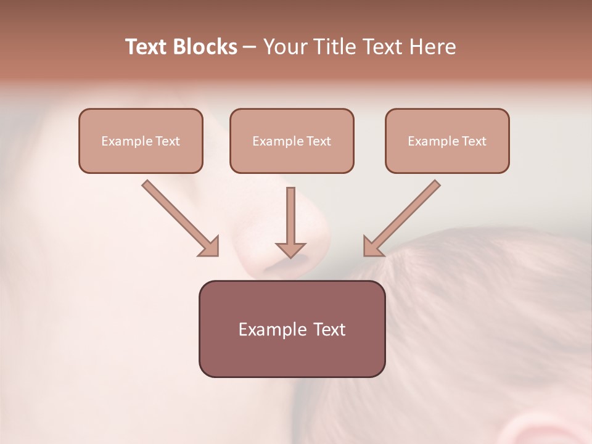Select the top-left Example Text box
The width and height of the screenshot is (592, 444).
[141, 141]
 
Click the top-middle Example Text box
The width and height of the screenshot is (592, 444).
[292, 141]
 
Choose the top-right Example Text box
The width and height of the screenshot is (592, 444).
[447, 141]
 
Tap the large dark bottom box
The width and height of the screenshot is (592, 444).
[292, 329]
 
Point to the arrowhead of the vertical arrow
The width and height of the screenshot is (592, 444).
[290, 250]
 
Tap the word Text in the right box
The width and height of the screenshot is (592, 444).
[474, 141]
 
